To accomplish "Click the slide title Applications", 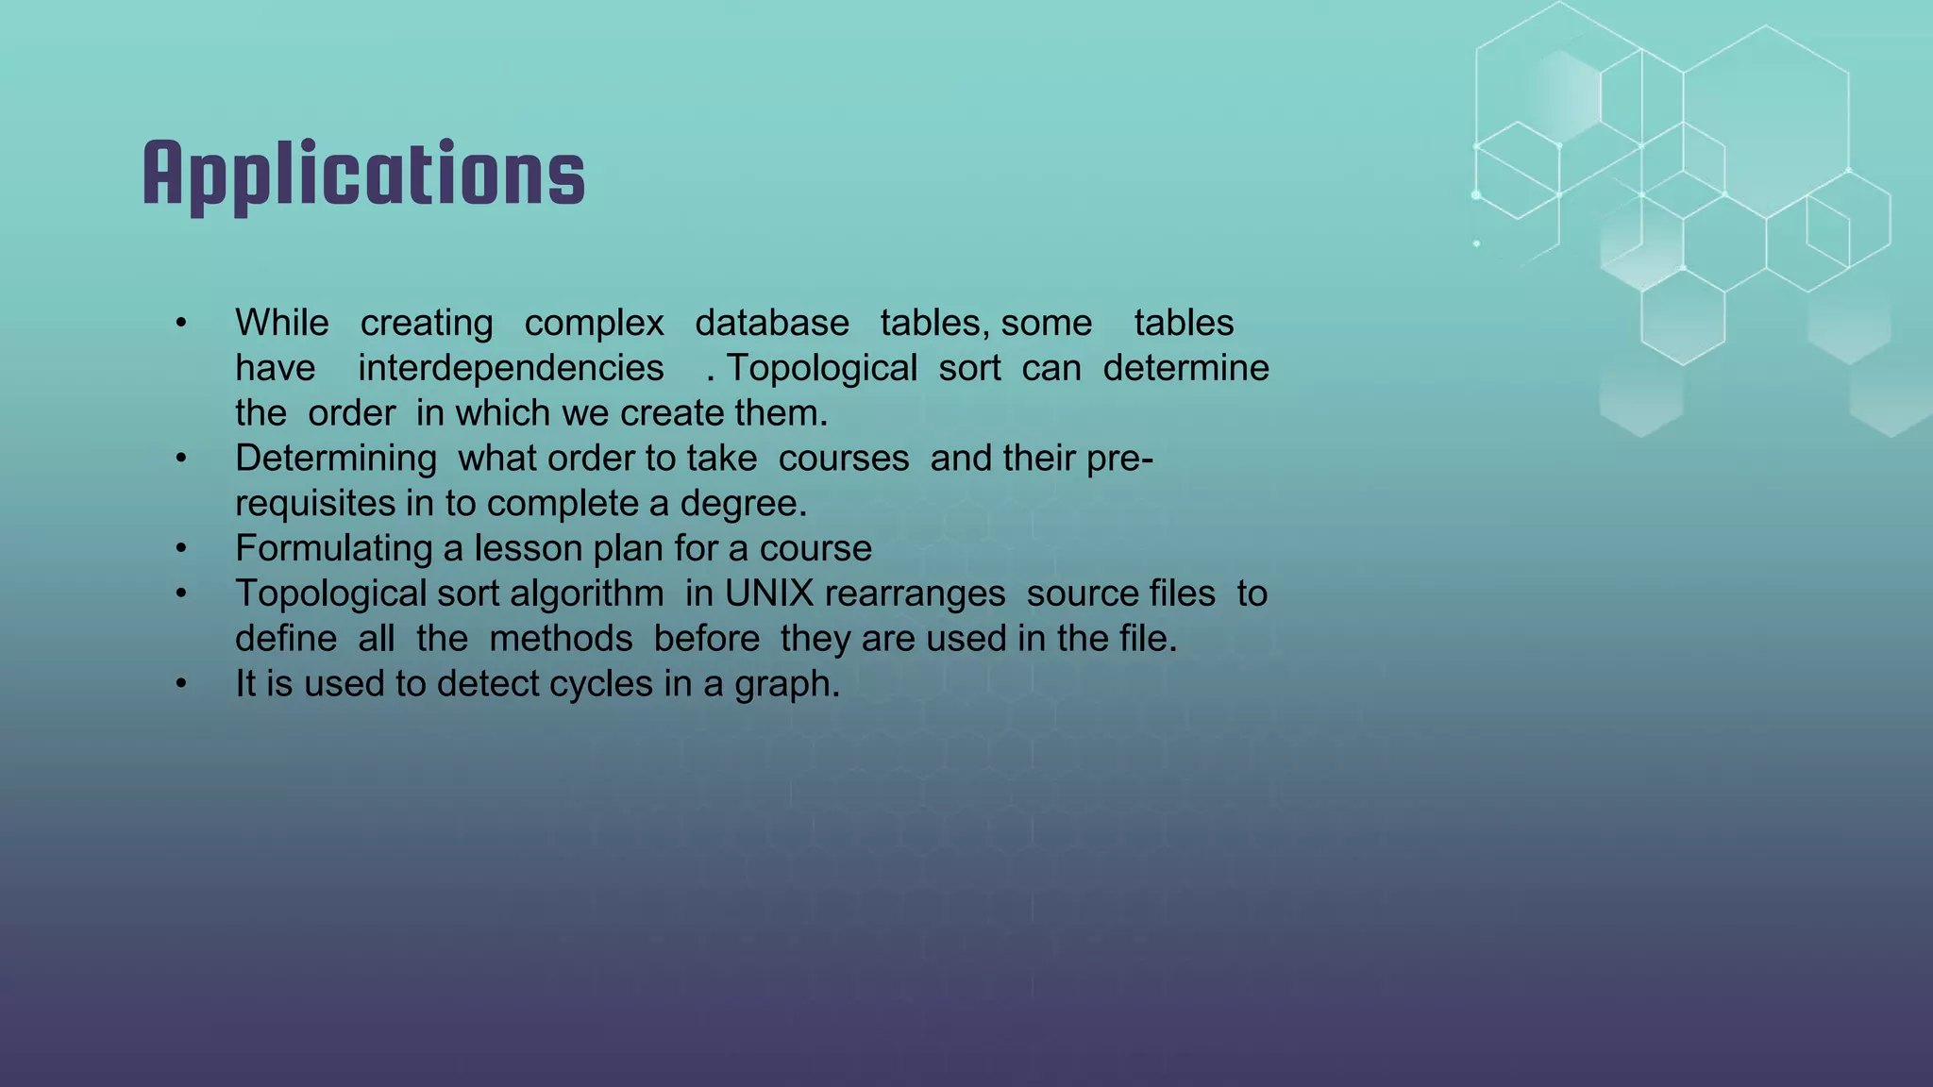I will [x=364, y=175].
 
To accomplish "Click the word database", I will [x=772, y=324].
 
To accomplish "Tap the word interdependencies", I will [x=511, y=368].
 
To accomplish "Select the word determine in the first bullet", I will [x=1185, y=368].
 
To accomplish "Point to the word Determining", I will [x=336, y=460].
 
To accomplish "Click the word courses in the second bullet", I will [x=844, y=460].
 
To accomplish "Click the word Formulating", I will [x=334, y=549].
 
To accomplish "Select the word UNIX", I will [x=769, y=594].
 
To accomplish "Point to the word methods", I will [x=561, y=639].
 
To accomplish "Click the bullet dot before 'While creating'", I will [x=181, y=324].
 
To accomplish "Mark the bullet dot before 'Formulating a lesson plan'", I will [x=181, y=549].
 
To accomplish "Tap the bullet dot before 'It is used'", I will [x=181, y=684].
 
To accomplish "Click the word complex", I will [x=594, y=324].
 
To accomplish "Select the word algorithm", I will [x=587, y=594].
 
